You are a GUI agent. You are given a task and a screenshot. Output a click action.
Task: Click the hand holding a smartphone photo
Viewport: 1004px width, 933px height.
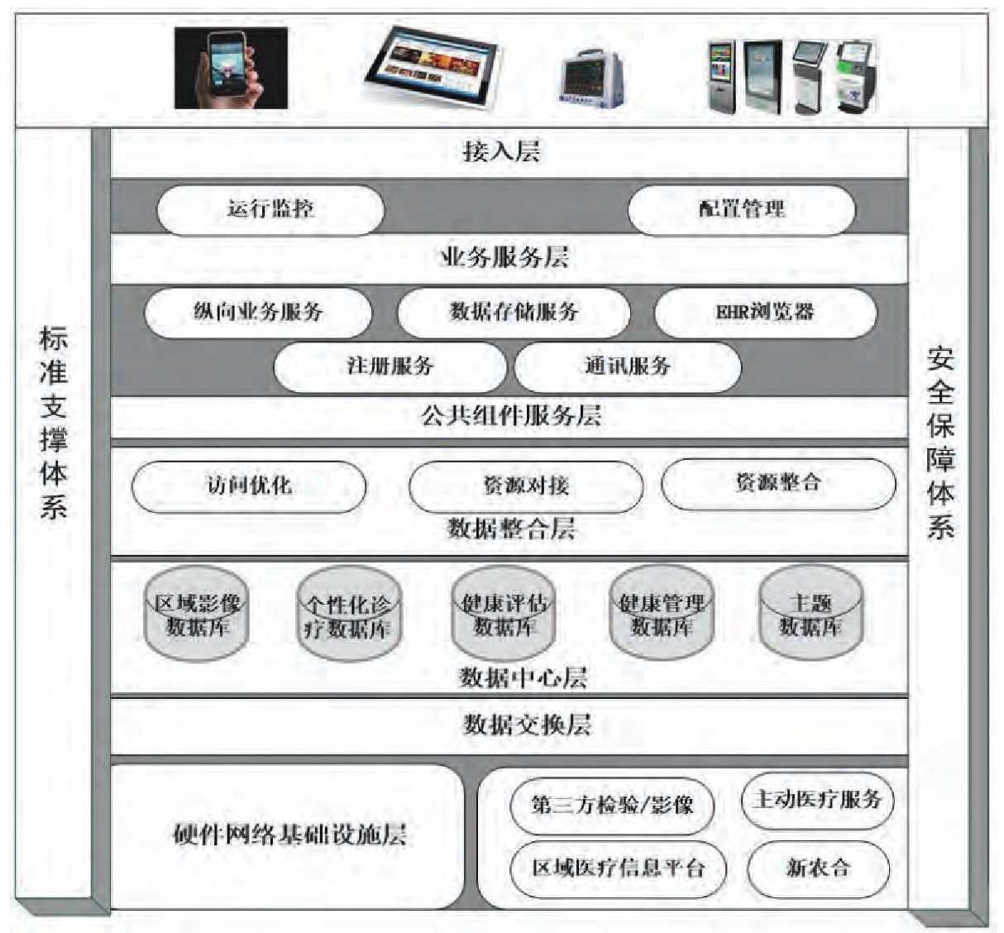[231, 68]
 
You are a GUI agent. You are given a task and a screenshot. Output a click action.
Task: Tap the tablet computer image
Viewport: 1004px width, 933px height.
[436, 67]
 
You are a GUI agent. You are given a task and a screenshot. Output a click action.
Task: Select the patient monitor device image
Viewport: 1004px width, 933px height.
[590, 80]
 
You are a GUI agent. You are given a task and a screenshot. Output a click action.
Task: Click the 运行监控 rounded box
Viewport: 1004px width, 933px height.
[270, 208]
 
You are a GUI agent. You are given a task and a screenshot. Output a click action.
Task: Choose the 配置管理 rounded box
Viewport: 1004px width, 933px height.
[741, 208]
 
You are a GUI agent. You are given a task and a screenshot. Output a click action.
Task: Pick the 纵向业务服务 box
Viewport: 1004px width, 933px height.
[257, 312]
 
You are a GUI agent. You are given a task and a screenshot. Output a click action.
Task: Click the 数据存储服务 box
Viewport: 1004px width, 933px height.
[514, 312]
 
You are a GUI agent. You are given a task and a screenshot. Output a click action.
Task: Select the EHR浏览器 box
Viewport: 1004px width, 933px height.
[765, 313]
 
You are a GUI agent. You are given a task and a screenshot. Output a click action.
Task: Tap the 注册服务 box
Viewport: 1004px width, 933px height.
[390, 366]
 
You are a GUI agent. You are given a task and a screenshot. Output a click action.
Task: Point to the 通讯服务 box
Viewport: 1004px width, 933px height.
[627, 366]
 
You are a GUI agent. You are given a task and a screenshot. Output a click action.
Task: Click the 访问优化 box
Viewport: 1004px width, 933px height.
[249, 486]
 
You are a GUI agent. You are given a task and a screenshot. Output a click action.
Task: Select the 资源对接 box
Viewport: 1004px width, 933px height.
[526, 486]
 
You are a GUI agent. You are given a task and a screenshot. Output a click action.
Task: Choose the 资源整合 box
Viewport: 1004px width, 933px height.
[778, 483]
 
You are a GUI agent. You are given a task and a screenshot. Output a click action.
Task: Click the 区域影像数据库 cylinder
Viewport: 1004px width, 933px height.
[197, 615]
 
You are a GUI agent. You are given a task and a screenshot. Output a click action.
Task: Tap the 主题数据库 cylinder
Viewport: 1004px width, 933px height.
[810, 615]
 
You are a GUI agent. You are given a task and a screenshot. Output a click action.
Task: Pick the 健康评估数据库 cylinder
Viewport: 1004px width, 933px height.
[504, 615]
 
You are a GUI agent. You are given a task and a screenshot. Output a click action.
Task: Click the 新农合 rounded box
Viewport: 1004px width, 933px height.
[818, 868]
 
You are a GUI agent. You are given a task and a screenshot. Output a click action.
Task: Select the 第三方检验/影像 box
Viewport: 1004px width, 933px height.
[611, 805]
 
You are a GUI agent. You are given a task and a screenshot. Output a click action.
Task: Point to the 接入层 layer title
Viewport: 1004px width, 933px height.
[501, 151]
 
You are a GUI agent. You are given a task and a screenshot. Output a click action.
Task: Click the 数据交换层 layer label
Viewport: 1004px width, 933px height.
[527, 725]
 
